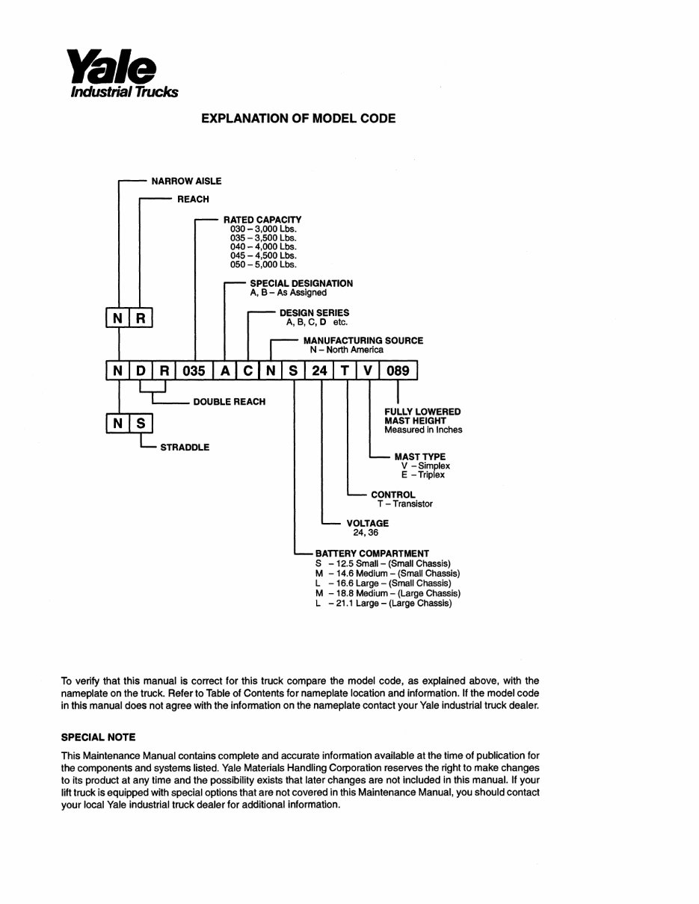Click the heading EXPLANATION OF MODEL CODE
tap(298, 118)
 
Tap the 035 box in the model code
tap(194, 371)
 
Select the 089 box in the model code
tap(398, 371)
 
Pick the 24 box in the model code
tap(319, 371)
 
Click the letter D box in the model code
tap(140, 371)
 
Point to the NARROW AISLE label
tap(186, 181)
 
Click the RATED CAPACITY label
tap(262, 220)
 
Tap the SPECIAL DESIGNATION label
tap(301, 284)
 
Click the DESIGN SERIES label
tap(314, 313)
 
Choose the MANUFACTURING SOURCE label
tap(363, 341)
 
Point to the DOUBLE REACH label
tap(229, 402)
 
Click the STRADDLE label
tap(185, 448)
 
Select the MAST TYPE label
tap(419, 456)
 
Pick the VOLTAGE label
tap(367, 524)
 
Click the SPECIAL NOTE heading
tap(98, 737)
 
